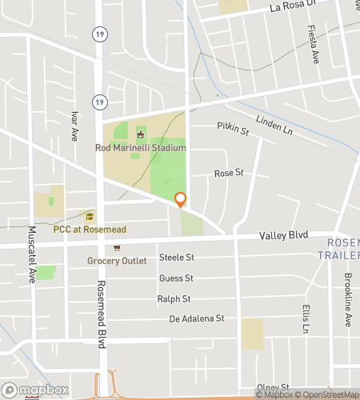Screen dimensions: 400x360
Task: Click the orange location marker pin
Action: (x=180, y=199)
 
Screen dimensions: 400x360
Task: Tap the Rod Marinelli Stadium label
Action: (x=140, y=148)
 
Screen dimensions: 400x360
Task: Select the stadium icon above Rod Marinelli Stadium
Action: (x=140, y=133)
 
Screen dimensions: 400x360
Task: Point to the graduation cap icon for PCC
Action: (x=90, y=216)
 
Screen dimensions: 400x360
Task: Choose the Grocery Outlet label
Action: (x=118, y=261)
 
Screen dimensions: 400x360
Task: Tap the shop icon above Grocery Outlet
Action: (x=117, y=248)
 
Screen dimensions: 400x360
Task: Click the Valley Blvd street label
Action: (x=284, y=236)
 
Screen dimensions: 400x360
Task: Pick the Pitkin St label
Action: (x=234, y=128)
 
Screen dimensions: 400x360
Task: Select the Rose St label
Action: (x=228, y=174)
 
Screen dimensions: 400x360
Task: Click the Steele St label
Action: (x=177, y=257)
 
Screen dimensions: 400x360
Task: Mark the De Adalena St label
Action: (x=197, y=318)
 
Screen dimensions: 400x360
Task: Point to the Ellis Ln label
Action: (x=306, y=318)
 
